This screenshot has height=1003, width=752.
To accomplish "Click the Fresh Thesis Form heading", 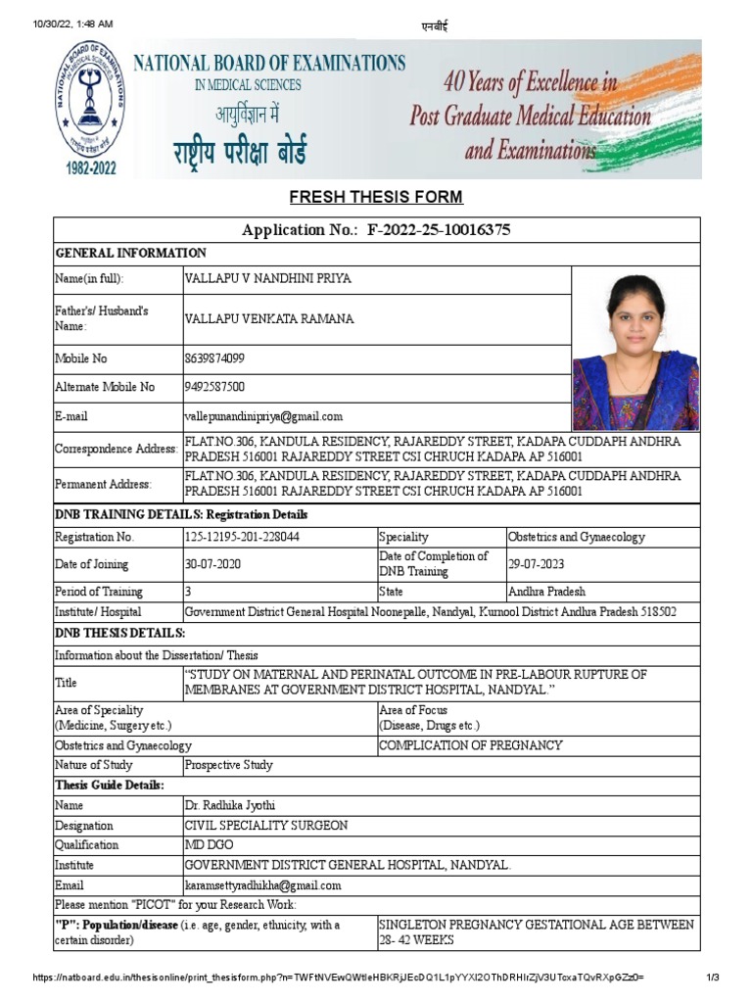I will click(376, 198).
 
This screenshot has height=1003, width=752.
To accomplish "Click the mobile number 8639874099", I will click(214, 358).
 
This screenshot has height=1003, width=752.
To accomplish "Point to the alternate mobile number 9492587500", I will click(214, 387).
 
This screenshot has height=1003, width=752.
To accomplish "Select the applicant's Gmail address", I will click(263, 416).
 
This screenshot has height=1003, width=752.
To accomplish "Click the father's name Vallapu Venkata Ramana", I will click(269, 319).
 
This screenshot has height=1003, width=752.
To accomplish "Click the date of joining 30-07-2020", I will click(212, 564).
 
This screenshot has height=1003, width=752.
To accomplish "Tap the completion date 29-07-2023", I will click(536, 564).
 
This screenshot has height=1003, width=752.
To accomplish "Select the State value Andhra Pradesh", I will click(546, 592).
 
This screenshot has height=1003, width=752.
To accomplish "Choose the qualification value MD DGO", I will click(209, 844).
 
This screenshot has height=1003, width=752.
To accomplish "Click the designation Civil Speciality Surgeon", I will click(265, 826).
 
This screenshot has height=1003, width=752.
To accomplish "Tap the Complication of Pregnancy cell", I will click(471, 745).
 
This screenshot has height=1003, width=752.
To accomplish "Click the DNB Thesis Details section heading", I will click(119, 634).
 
